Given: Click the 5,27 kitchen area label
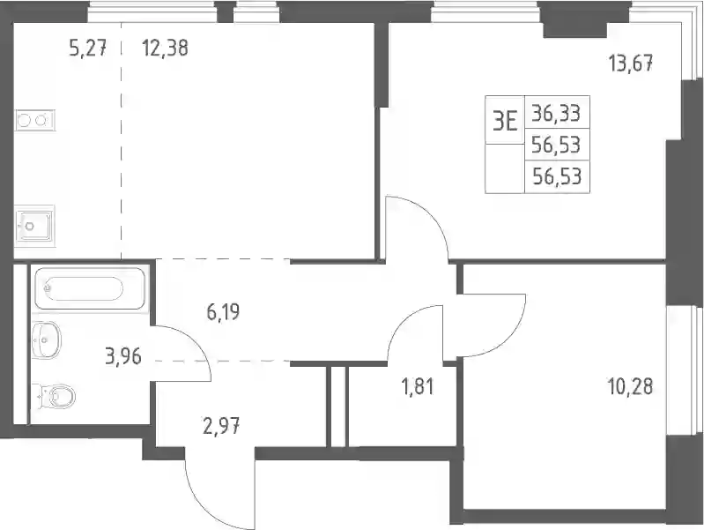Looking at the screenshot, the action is click(88, 49).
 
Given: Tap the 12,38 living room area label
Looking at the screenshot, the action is click(165, 48).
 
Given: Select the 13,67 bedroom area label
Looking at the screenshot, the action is click(631, 63).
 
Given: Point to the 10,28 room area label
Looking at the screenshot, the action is click(630, 386).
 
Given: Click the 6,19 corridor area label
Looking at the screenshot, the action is click(223, 311).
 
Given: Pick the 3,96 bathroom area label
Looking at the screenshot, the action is click(124, 357).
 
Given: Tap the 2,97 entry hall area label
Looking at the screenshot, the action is click(221, 426).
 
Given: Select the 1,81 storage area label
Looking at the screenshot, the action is click(417, 386).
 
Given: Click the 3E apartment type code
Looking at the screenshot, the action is click(505, 121).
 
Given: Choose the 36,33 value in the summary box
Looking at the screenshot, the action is click(556, 113).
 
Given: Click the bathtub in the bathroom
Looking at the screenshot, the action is click(91, 289).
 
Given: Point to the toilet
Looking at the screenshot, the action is click(55, 396).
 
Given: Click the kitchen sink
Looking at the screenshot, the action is click(34, 226).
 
